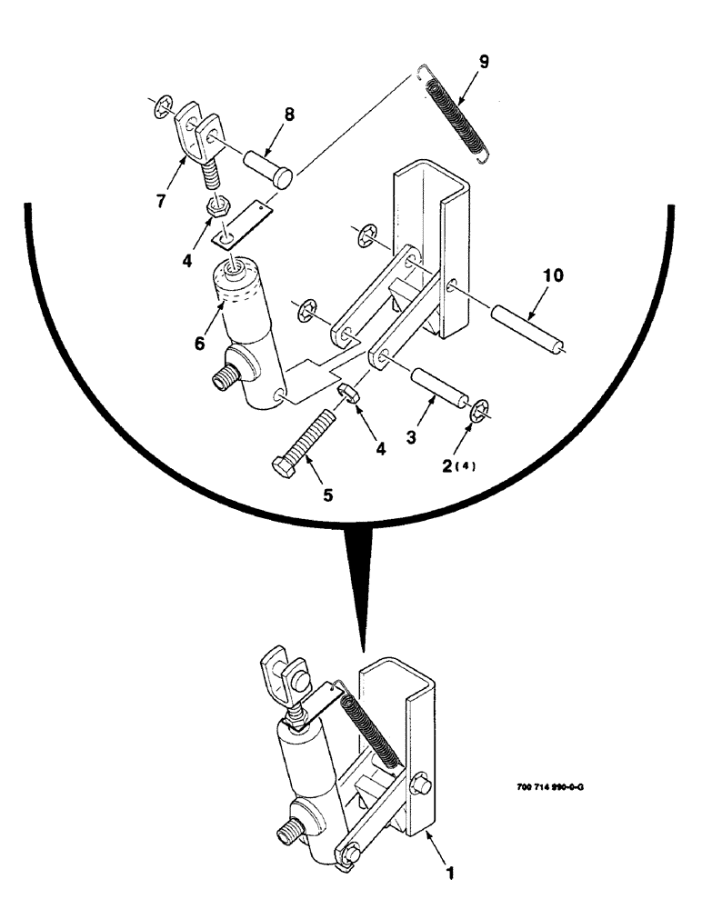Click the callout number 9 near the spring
(484, 62)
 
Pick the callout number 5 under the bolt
(327, 495)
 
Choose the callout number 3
(414, 436)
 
